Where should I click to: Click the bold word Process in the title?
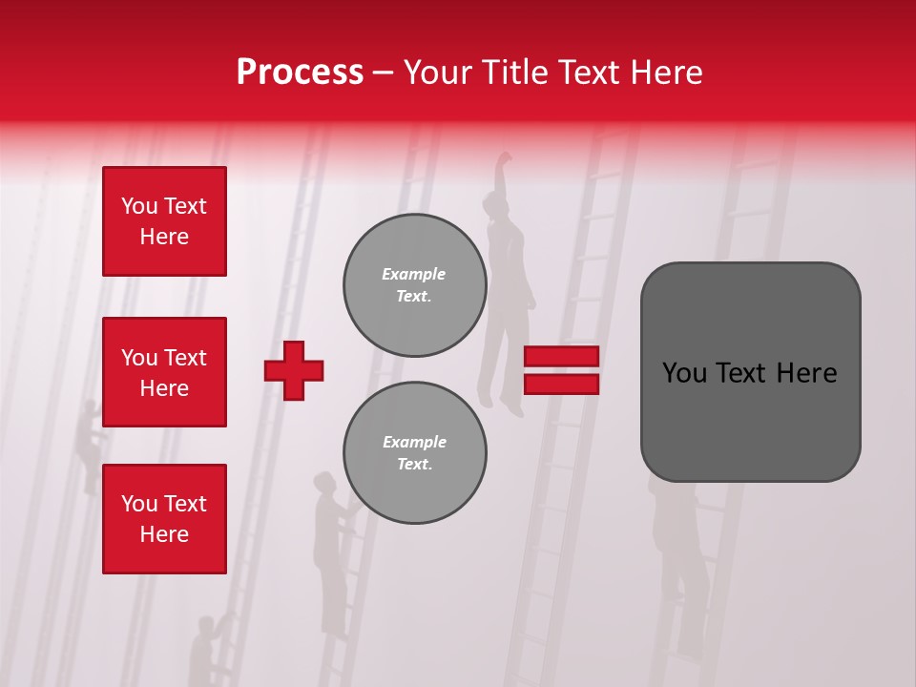[300, 72]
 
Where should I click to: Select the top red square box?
[164, 221]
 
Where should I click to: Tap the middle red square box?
[164, 372]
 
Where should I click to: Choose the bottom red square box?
[164, 519]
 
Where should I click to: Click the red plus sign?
[294, 370]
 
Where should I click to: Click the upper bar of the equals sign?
[561, 356]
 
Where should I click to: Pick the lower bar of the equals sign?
[561, 384]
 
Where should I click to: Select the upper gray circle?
[415, 285]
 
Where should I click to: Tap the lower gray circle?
[415, 453]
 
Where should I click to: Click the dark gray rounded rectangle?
[750, 372]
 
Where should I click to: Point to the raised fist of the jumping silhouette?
[503, 159]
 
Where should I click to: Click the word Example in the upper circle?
[413, 274]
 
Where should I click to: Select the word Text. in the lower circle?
[414, 465]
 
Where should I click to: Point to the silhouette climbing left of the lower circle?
[331, 553]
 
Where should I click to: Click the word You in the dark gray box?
[684, 372]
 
